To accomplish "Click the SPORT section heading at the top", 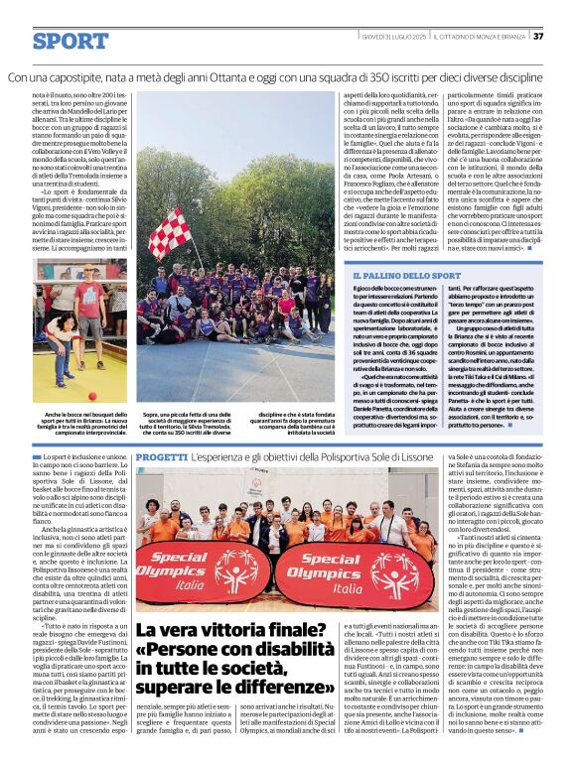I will (70, 41).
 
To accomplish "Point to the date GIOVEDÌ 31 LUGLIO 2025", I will (390, 37).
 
